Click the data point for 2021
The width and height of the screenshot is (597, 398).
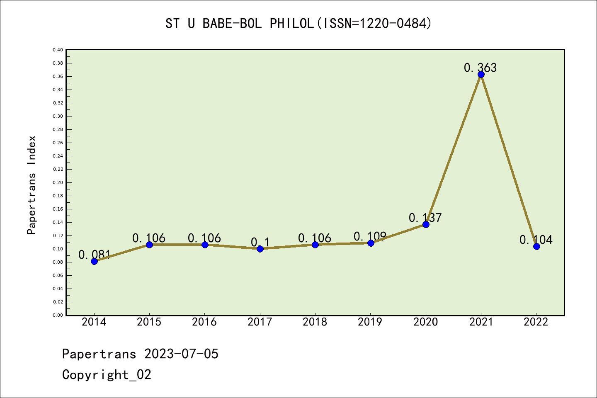click(481, 75)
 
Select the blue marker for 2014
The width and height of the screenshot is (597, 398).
click(94, 261)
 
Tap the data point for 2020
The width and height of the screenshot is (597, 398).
click(426, 224)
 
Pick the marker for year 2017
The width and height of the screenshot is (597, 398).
click(260, 249)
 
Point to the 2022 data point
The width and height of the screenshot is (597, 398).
click(536, 246)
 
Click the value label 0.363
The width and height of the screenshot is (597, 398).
click(481, 68)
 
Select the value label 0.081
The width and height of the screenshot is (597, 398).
click(95, 255)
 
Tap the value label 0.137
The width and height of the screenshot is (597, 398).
click(425, 218)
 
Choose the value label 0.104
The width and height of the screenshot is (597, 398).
click(536, 240)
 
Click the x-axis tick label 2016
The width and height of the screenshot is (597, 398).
click(204, 322)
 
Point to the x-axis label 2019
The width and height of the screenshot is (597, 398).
click(370, 322)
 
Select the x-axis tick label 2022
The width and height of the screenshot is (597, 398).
click(536, 322)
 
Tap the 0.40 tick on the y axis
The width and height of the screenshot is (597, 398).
click(58, 50)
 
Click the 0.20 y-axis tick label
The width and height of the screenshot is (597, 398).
click(58, 182)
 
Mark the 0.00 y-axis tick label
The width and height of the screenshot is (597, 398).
click(58, 315)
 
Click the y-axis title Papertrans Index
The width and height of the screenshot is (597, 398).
click(32, 185)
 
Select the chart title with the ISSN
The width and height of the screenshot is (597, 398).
click(298, 23)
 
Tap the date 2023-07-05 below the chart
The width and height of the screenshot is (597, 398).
click(181, 354)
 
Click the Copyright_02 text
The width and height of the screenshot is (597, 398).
click(107, 375)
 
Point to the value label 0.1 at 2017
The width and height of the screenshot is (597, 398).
click(260, 242)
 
